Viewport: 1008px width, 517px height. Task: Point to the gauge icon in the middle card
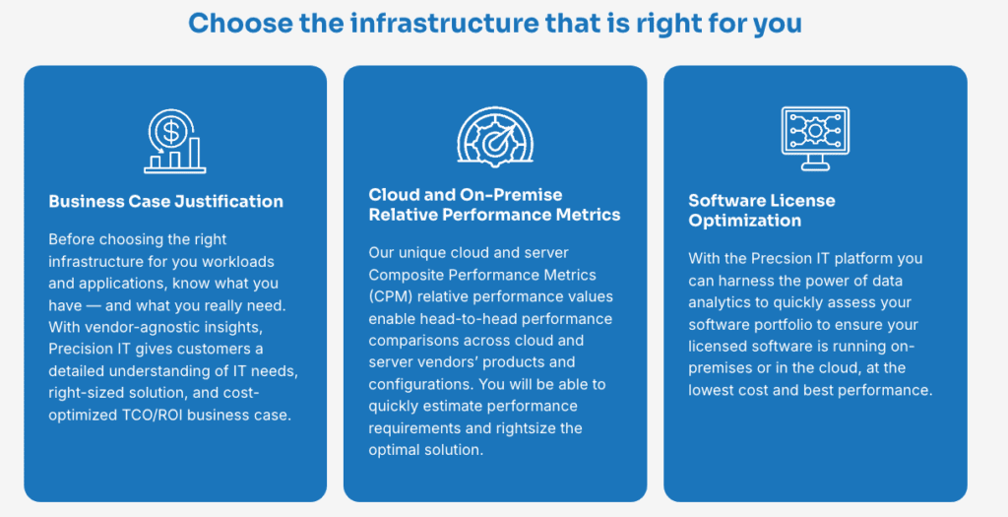[x=494, y=135]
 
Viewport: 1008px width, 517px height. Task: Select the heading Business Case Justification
[x=165, y=201]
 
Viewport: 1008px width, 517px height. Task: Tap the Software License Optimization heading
[x=761, y=210]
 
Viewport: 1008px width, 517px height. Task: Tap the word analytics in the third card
[x=723, y=302]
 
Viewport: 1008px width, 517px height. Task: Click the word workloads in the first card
[x=239, y=261]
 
